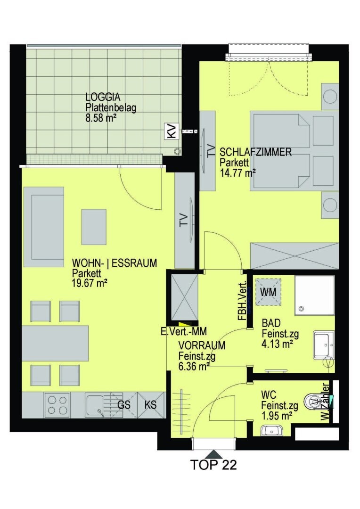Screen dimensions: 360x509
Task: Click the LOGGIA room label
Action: click(x=103, y=97)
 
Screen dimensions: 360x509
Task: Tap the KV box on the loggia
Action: click(x=172, y=131)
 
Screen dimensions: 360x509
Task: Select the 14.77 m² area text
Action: click(x=238, y=172)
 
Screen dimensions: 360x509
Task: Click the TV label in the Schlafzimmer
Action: click(x=211, y=151)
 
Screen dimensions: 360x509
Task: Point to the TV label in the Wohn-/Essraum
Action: click(x=183, y=220)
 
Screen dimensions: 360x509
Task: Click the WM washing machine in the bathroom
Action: click(x=268, y=292)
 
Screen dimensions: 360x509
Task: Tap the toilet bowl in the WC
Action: click(x=315, y=402)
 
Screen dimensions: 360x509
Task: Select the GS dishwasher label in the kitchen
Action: click(x=123, y=404)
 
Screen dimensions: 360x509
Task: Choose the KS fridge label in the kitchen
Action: click(x=150, y=404)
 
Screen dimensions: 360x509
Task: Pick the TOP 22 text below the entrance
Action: click(x=213, y=465)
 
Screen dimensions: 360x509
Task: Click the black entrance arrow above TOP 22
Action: click(x=213, y=454)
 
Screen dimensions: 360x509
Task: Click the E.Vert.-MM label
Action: click(x=183, y=331)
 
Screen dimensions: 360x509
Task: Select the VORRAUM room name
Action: click(x=202, y=345)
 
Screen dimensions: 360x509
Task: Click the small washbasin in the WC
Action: click(x=272, y=430)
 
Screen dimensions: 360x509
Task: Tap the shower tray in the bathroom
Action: click(x=315, y=295)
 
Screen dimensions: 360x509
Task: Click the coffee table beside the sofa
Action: click(x=94, y=227)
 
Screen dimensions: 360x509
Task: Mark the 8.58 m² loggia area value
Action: click(x=101, y=118)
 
